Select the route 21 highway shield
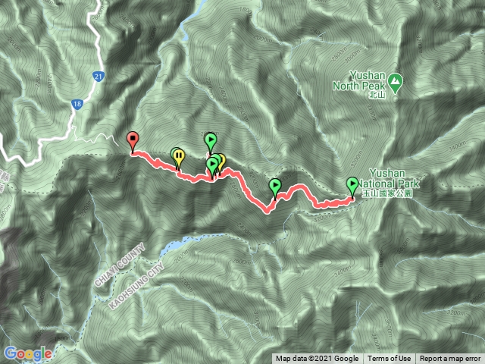pos(99,77)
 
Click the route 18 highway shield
pos(78,106)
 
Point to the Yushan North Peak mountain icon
pos(396,80)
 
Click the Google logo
pos(28,353)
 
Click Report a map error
pos(450,359)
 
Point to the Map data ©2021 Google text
pos(317,359)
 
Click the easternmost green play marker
pos(352,184)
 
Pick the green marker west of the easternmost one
pos(275,186)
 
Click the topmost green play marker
pos(211,140)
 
